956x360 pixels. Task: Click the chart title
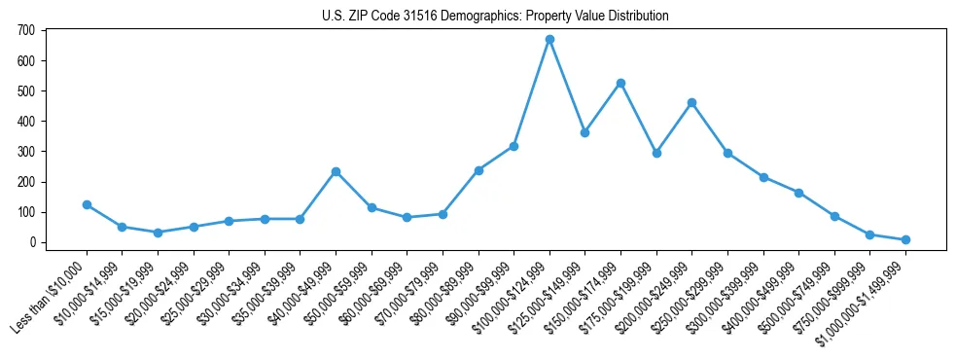tap(495, 17)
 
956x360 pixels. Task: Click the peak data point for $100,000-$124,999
tap(549, 39)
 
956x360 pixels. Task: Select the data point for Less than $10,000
tap(87, 204)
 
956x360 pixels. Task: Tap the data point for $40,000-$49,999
tap(336, 171)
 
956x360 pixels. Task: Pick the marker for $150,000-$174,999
tap(620, 83)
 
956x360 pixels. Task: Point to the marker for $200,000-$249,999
tap(691, 102)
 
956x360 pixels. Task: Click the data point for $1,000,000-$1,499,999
tap(905, 239)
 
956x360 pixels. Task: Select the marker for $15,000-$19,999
tap(158, 233)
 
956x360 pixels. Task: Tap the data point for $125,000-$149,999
tap(584, 132)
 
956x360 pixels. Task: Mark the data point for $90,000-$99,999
tap(513, 146)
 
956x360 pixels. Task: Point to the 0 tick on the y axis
tap(32, 242)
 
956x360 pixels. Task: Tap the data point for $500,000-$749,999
tap(834, 216)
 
